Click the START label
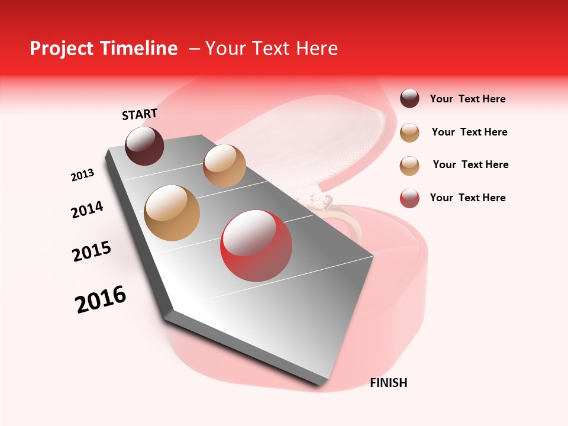pyautogui.click(x=140, y=114)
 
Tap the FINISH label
pyautogui.click(x=388, y=383)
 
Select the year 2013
pyautogui.click(x=82, y=175)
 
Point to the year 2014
pyautogui.click(x=87, y=209)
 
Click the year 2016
pyautogui.click(x=101, y=299)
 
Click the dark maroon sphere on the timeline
pyautogui.click(x=144, y=146)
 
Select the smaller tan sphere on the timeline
pyautogui.click(x=224, y=166)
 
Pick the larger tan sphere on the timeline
pyautogui.click(x=172, y=212)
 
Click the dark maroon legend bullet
pyautogui.click(x=409, y=99)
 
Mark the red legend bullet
pyautogui.click(x=409, y=198)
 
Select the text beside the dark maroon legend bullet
pyautogui.click(x=467, y=99)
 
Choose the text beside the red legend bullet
pyautogui.click(x=467, y=198)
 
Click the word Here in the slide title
pyautogui.click(x=317, y=49)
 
